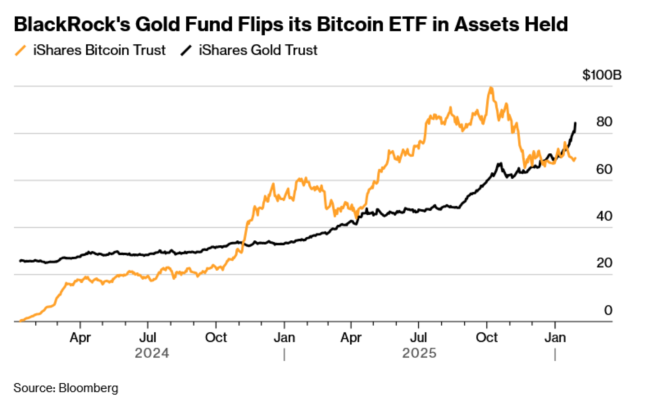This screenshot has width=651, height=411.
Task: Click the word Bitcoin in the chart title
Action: [x=350, y=24]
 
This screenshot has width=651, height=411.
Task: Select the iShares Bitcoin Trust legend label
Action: [x=99, y=50]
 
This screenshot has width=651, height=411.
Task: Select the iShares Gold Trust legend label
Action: [x=258, y=50]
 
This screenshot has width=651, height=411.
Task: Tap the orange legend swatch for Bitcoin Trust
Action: [x=21, y=51]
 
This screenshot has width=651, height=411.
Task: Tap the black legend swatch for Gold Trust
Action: [x=186, y=51]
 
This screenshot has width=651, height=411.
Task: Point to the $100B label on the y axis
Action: [x=602, y=75]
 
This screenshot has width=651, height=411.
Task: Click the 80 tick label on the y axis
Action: [x=604, y=122]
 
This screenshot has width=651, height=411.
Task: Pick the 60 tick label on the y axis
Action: [x=604, y=169]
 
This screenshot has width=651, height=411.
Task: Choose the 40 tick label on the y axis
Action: [x=604, y=216]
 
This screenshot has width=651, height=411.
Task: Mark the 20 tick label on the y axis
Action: [x=604, y=263]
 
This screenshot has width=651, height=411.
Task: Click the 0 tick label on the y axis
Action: [x=608, y=310]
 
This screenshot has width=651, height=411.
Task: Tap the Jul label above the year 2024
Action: [x=148, y=337]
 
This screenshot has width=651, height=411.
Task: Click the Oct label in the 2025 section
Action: [x=487, y=337]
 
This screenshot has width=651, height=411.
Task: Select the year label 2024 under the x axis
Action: [x=152, y=353]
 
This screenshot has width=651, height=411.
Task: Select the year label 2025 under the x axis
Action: [x=419, y=353]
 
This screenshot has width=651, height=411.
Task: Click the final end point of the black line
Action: [x=575, y=123]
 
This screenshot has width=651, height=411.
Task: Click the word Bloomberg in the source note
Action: [x=89, y=388]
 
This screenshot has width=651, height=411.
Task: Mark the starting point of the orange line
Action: [x=20, y=321]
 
